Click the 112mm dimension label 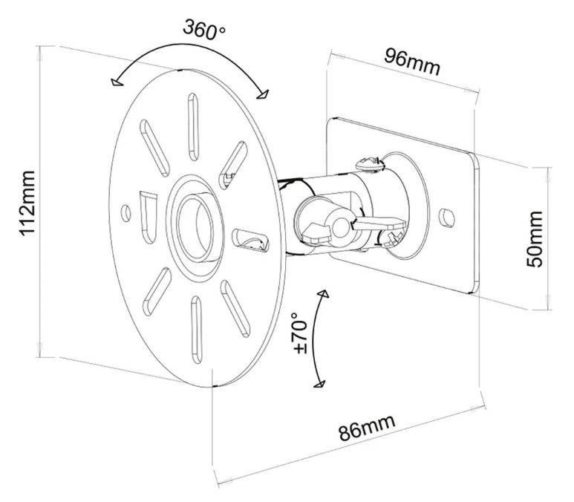27,202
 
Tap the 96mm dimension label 412,62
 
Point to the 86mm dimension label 367,429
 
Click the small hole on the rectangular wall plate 446,216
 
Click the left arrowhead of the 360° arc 113,84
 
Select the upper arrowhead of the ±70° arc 323,295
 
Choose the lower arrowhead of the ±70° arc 319,383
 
